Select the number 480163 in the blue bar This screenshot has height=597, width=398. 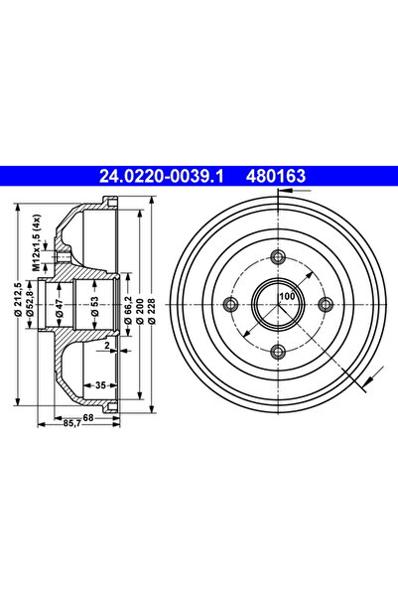[275, 177]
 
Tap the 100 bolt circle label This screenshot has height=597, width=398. [287, 297]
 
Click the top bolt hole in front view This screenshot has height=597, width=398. [277, 256]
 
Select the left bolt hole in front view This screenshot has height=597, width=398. [230, 303]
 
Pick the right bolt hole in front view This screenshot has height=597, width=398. [324, 303]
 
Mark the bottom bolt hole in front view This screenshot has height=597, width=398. [277, 350]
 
